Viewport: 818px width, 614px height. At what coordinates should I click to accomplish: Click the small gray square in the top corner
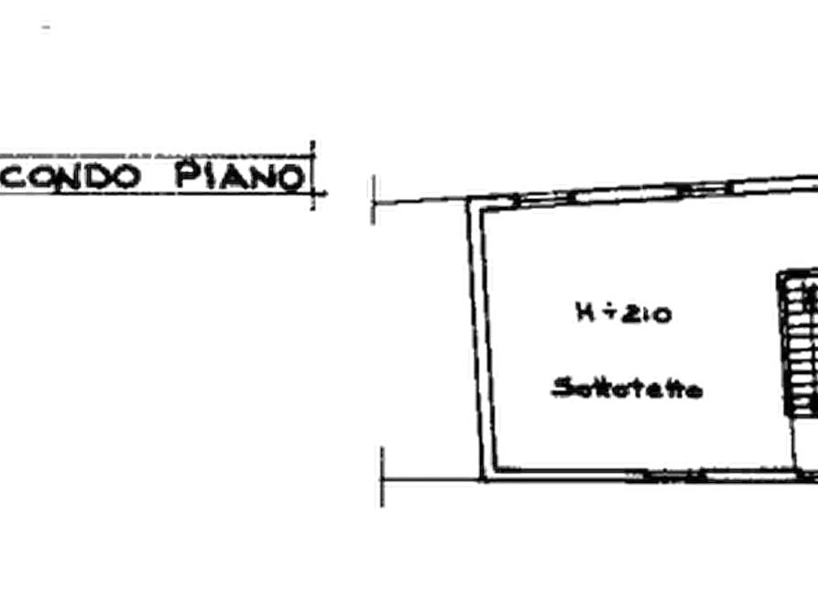click(x=43, y=26)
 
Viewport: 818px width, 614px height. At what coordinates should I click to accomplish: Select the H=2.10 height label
click(x=621, y=314)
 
